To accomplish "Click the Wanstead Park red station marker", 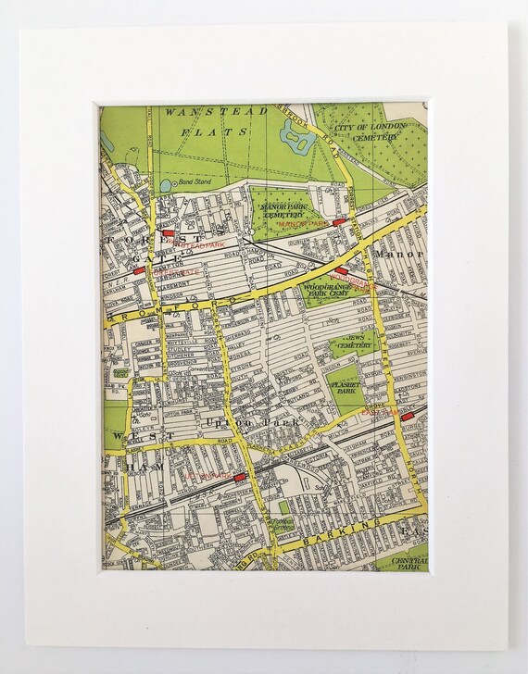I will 170,235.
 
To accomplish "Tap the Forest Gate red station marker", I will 138,270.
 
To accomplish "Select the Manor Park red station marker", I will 339,222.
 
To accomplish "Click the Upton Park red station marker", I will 240,476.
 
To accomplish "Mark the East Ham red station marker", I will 407,419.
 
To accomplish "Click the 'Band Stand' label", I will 195,182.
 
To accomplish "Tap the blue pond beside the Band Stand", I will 163,184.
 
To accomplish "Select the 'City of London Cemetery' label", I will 377,131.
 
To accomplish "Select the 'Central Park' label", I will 410,563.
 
